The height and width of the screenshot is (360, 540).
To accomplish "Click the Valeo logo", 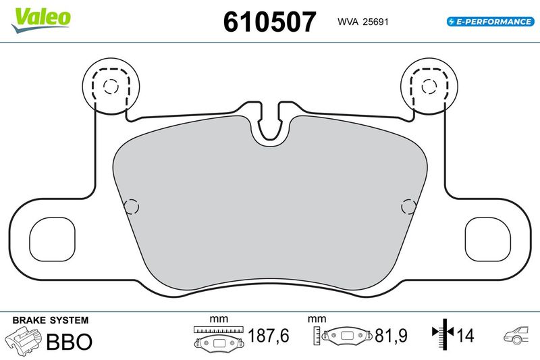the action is (x=41, y=20).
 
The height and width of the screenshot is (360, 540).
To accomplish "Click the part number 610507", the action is (x=269, y=22).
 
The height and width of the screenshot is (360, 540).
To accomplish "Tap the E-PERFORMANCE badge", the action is (x=491, y=22).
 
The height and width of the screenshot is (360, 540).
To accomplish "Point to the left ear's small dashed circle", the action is (x=111, y=86).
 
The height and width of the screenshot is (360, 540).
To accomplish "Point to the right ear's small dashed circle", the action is (x=429, y=86).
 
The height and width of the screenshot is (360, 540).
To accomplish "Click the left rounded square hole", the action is (x=53, y=239).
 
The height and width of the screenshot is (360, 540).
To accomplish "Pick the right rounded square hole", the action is (x=487, y=239).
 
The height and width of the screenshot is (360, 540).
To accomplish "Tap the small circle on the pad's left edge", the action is (x=131, y=207).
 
